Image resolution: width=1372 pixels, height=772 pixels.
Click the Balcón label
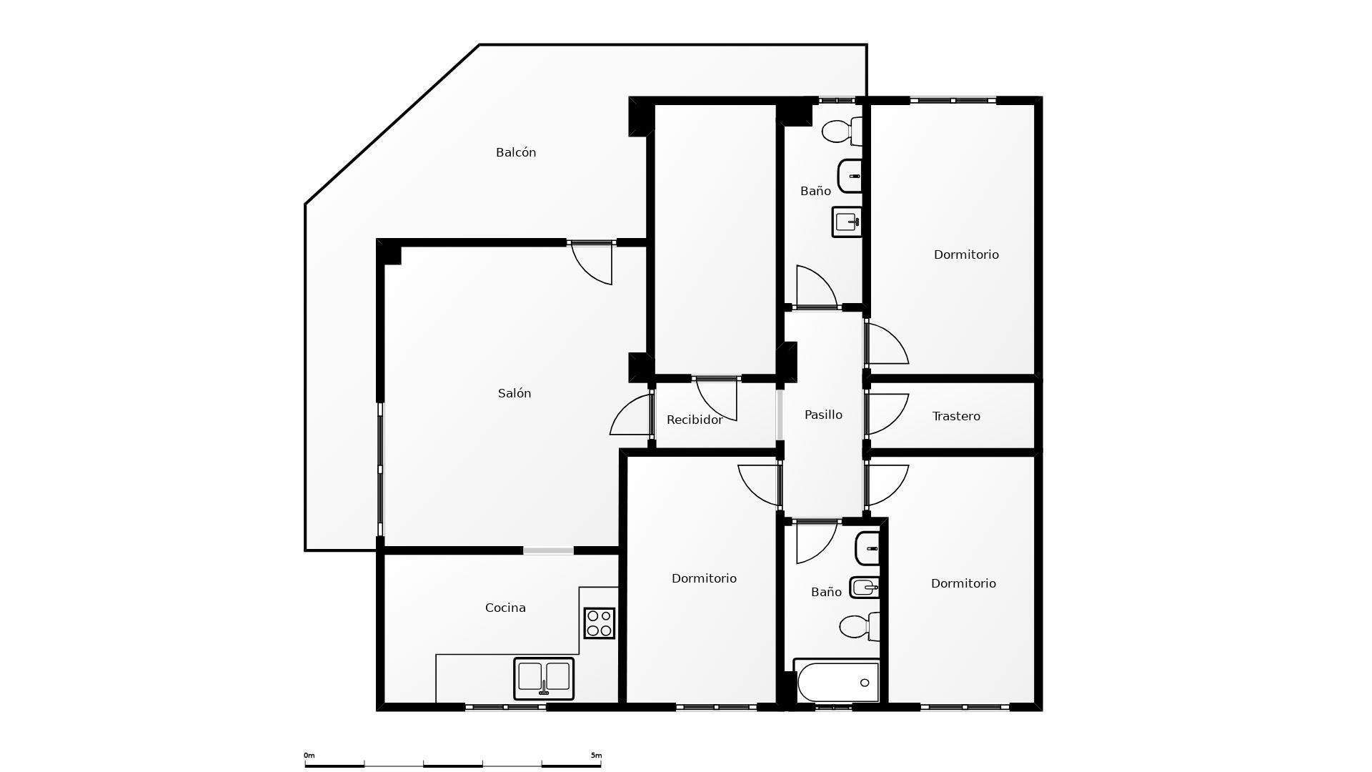coord(515,152)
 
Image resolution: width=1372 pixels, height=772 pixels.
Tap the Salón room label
coord(514,393)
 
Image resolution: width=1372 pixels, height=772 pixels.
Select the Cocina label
coord(505,608)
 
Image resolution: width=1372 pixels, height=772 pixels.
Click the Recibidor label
coord(694,420)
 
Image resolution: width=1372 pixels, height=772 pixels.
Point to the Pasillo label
coord(823,415)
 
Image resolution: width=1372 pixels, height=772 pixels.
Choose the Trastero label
coord(956,416)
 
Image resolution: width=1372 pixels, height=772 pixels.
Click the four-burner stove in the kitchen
coord(599,623)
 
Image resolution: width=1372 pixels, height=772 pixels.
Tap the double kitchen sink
coord(544,678)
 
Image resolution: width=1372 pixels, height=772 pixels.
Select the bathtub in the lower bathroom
coord(837,683)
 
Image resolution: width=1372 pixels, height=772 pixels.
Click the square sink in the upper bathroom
coord(847,222)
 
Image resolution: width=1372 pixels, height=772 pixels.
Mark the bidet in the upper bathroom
coord(850,176)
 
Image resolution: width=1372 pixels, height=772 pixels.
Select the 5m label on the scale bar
coord(596,755)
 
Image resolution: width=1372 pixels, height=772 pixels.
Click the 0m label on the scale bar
coord(309,755)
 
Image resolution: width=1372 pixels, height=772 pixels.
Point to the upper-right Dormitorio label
coord(966,254)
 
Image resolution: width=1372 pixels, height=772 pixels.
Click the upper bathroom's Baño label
coord(815,191)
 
